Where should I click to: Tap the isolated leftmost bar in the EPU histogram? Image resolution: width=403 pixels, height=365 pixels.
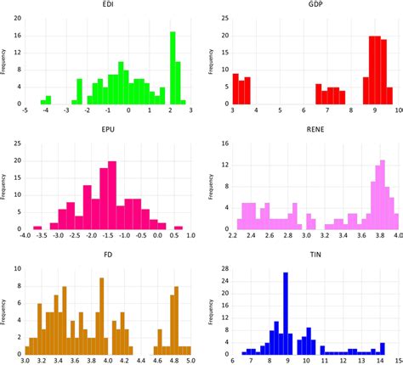coord(37,227)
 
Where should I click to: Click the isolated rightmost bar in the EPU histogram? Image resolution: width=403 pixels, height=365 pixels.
coord(179,227)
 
